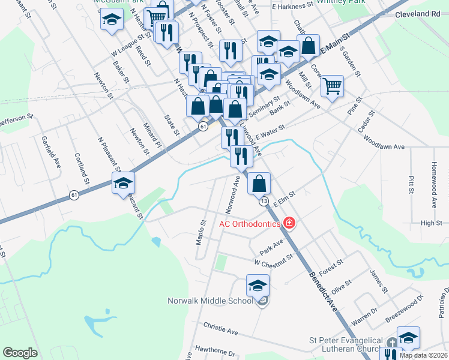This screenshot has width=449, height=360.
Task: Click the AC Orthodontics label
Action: [x=250, y=224]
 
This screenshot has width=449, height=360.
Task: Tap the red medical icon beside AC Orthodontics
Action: [x=290, y=224]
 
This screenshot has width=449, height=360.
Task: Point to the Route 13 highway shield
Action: [x=264, y=202]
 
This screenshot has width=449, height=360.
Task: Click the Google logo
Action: [x=20, y=353]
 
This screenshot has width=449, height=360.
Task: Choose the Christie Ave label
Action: [x=221, y=331]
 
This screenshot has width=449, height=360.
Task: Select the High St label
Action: [x=431, y=223]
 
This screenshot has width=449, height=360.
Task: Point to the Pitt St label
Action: [x=411, y=185]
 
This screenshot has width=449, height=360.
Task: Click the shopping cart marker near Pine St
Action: [x=332, y=86]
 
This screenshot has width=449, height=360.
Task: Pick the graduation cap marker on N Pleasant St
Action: [x=123, y=184]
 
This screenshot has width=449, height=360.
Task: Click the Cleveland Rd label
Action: [x=421, y=14]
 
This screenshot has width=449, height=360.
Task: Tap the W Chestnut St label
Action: [x=273, y=260]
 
